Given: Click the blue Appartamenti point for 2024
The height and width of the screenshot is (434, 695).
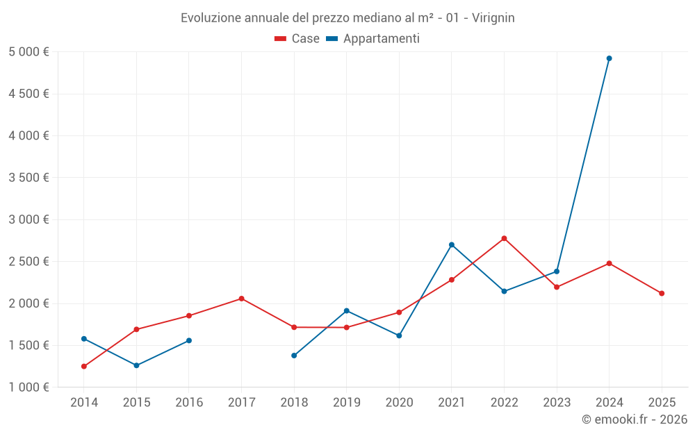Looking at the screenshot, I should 609,58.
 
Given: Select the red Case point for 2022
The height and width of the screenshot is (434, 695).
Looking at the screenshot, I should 504,238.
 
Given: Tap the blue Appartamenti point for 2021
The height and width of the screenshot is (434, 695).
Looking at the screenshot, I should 452,244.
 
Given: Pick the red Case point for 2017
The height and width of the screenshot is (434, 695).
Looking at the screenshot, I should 241,299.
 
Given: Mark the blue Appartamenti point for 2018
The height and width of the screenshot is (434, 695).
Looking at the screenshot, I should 294,356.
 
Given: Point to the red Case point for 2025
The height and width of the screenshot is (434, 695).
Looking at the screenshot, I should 662,293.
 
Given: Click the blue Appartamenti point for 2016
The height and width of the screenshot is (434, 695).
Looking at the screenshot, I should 189,340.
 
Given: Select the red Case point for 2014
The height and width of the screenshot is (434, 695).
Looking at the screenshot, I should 84,366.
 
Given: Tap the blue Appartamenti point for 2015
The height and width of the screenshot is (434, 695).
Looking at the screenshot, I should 136,365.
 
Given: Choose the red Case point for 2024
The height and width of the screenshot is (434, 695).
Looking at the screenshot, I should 609,263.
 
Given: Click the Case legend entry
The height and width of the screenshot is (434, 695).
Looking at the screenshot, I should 297,39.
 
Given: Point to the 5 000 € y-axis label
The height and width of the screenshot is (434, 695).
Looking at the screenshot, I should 28,52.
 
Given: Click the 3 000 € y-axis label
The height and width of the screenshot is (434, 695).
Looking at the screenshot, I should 28,219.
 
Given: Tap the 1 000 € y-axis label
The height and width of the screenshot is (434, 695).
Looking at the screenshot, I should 28,387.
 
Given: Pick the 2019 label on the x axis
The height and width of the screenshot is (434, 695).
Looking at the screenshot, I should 346,402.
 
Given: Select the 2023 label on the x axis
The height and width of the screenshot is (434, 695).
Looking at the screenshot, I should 557,402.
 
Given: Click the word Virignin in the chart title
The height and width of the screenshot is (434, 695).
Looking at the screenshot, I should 493,18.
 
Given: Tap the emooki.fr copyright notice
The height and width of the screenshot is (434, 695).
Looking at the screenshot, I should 634,419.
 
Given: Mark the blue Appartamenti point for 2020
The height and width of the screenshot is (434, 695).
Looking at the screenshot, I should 399,335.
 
